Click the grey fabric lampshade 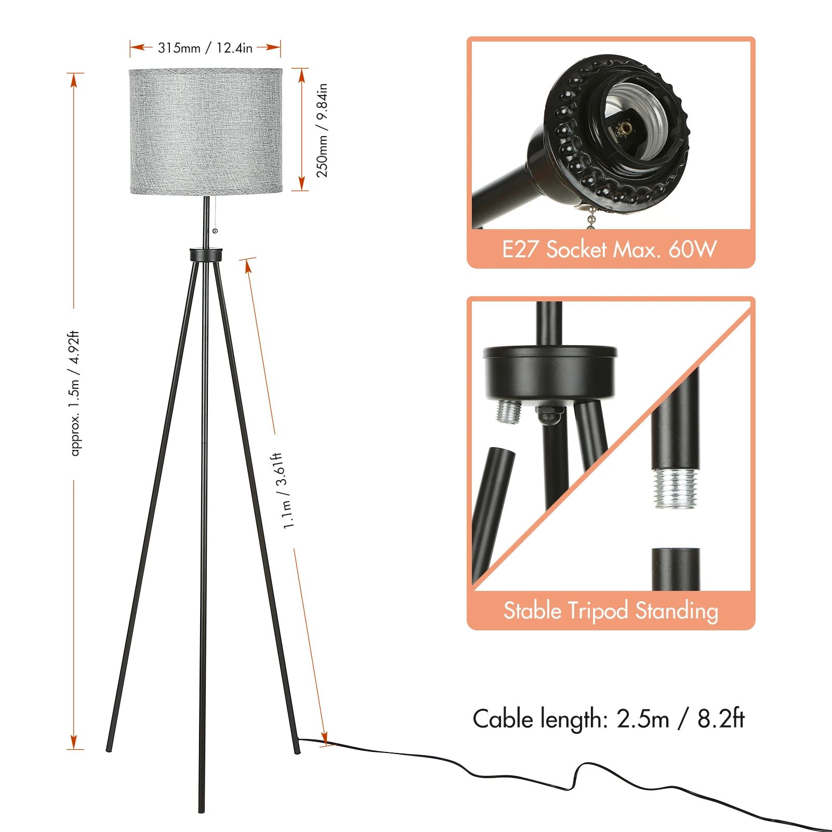tap(206, 131)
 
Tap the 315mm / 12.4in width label tap(205, 48)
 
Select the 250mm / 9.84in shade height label tap(322, 130)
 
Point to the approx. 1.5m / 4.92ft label tap(75, 393)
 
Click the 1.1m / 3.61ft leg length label tap(283, 491)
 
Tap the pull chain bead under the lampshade tap(215, 231)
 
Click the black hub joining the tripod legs tap(206, 255)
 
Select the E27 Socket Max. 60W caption tap(610, 249)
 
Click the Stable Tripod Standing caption tap(611, 610)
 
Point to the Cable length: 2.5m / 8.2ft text tap(609, 719)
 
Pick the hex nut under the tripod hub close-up tap(550, 414)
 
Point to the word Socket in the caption tap(576, 249)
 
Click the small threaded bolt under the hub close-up tap(509, 412)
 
